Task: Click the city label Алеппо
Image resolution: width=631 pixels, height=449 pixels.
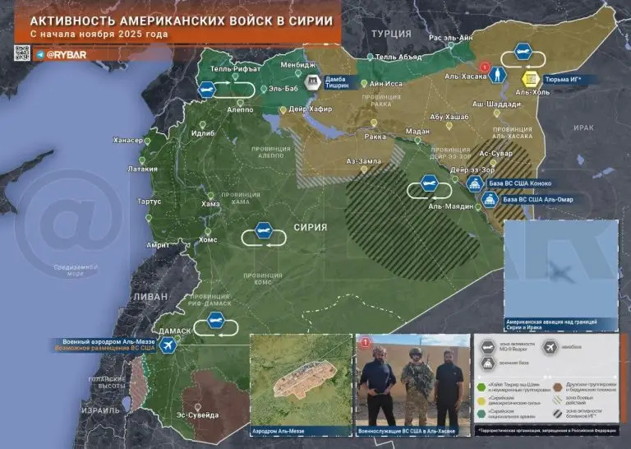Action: point(239,109)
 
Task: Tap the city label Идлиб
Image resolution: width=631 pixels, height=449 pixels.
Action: point(203,133)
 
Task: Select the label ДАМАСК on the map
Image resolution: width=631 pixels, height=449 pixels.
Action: point(174,331)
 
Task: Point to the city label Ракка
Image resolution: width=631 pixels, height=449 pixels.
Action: point(375,137)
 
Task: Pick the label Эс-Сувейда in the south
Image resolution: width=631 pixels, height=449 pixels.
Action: point(198,415)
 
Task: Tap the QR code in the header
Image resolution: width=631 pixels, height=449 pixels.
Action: point(22,53)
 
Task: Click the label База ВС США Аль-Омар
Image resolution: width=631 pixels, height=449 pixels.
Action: point(537,199)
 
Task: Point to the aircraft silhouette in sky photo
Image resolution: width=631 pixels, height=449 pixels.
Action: point(563,272)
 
